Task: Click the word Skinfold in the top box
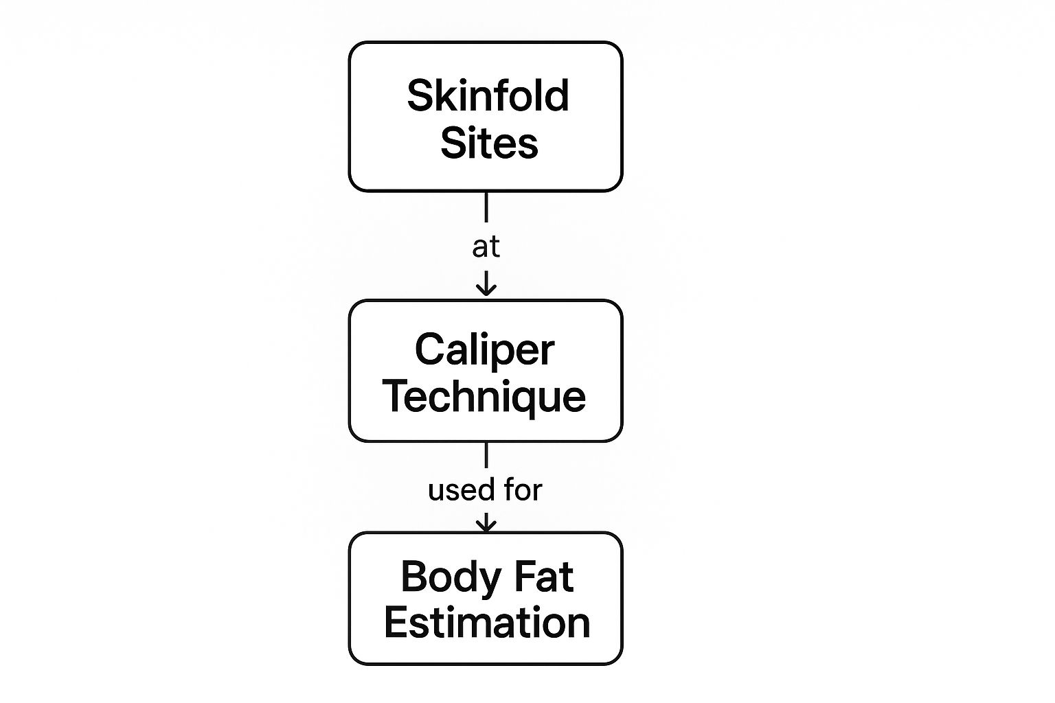(x=488, y=95)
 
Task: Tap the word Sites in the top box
(x=489, y=143)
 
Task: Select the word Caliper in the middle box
(x=484, y=350)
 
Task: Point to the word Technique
(x=484, y=397)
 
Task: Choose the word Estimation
(x=487, y=623)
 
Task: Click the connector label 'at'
(x=486, y=247)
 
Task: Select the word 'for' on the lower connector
(x=523, y=490)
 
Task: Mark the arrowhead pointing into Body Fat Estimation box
(x=486, y=526)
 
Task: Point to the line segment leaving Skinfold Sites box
(x=486, y=207)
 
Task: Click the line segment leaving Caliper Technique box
(x=486, y=454)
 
